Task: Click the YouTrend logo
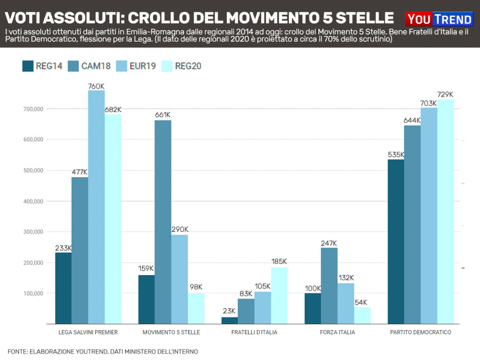(x=439, y=19)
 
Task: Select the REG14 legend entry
(x=42, y=66)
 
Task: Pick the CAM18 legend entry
(x=89, y=66)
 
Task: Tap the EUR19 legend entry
(x=135, y=66)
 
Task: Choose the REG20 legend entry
(x=181, y=66)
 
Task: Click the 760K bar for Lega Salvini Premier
(x=96, y=206)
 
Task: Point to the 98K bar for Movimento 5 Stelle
(x=196, y=308)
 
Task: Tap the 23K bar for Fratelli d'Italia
(x=229, y=320)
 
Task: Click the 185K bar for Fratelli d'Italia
(x=279, y=295)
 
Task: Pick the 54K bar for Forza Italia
(x=362, y=315)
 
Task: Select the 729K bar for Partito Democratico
(x=445, y=211)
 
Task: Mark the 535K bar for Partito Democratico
(x=396, y=241)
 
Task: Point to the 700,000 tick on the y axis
(x=33, y=109)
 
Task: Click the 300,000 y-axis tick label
(x=33, y=232)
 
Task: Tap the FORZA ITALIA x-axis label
(x=337, y=332)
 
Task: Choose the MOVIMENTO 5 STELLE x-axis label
(x=171, y=332)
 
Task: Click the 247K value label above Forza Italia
(x=329, y=243)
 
